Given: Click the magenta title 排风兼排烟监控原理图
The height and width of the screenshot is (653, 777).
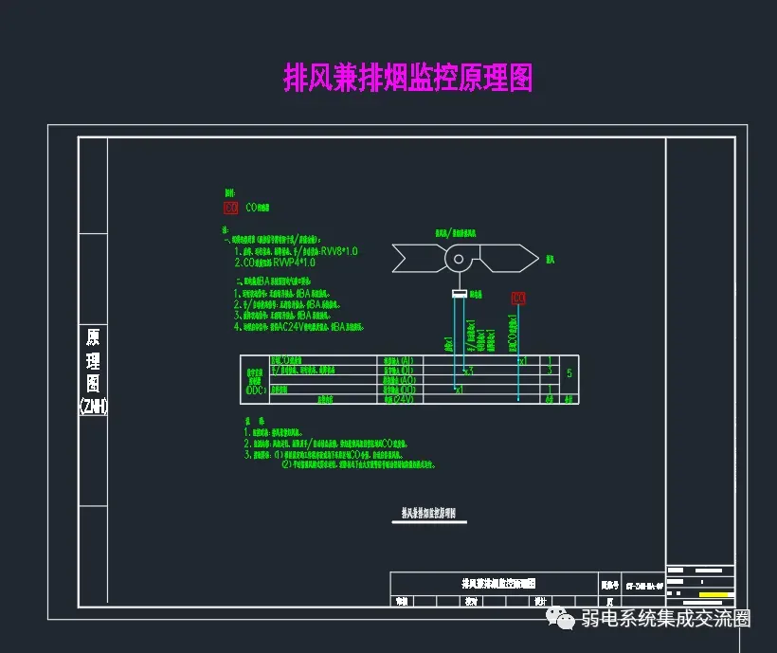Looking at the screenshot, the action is pos(408,78).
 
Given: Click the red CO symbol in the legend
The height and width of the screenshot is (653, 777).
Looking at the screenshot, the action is pos(230,207).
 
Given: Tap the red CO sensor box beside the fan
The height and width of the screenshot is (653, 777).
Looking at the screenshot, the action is pos(518,299).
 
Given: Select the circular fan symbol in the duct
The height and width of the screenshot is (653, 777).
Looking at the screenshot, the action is pos(460,258).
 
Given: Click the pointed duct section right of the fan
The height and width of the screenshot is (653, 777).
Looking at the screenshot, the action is pos(508,257).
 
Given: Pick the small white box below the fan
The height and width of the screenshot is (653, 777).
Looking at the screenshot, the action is pos(460,295).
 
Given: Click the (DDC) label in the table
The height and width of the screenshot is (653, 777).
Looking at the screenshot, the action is pos(256,390).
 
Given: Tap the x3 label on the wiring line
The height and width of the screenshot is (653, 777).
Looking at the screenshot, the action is pos(468,371).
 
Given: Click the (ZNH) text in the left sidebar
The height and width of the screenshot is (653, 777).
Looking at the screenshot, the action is pos(93,406).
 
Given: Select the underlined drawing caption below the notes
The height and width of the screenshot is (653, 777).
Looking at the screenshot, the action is pos(428,514).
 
